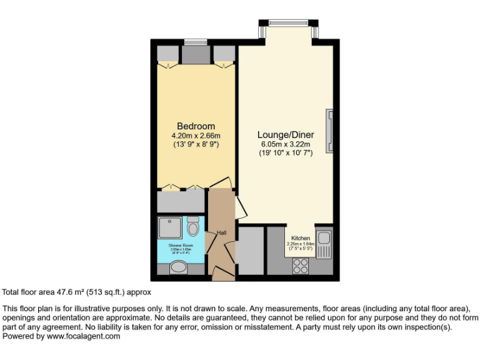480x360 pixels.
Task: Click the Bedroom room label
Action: point(196,126)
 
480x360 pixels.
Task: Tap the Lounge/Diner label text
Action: point(286,135)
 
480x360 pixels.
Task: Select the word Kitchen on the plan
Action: point(300,239)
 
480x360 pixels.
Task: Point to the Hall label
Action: point(221,233)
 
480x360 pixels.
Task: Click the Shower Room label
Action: point(179,245)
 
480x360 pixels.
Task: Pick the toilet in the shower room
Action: point(193,226)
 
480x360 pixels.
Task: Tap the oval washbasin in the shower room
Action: point(179,268)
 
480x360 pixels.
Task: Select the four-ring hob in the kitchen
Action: point(301,265)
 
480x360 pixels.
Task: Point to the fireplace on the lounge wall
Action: point(329,122)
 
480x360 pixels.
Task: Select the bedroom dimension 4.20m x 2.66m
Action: point(196,135)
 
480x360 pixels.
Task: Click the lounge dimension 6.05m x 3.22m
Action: point(286,144)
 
